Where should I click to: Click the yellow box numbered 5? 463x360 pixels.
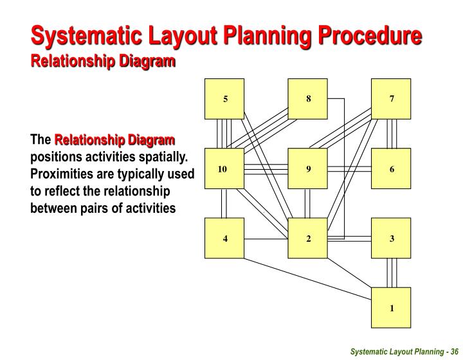(x=224, y=99)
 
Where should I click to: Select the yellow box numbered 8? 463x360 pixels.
(x=308, y=99)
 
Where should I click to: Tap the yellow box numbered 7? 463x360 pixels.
(x=391, y=99)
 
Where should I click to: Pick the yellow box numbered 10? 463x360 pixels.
(x=224, y=169)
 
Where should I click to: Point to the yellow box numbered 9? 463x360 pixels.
(x=308, y=169)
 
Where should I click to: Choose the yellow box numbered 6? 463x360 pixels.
(x=391, y=169)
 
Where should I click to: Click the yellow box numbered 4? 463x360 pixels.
(x=224, y=239)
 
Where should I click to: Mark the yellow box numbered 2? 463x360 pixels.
(x=308, y=239)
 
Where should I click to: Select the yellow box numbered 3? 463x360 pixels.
(x=391, y=239)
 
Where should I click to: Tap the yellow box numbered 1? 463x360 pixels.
(x=391, y=308)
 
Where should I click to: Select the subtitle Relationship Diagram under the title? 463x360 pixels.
(x=104, y=61)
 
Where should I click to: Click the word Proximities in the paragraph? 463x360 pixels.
(x=63, y=174)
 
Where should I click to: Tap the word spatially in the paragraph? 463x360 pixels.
(x=158, y=157)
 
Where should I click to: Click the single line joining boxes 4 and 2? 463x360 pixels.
(x=266, y=239)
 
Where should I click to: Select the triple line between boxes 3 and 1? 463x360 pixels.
(x=392, y=273)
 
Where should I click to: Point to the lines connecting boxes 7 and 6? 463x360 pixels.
(x=392, y=134)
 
